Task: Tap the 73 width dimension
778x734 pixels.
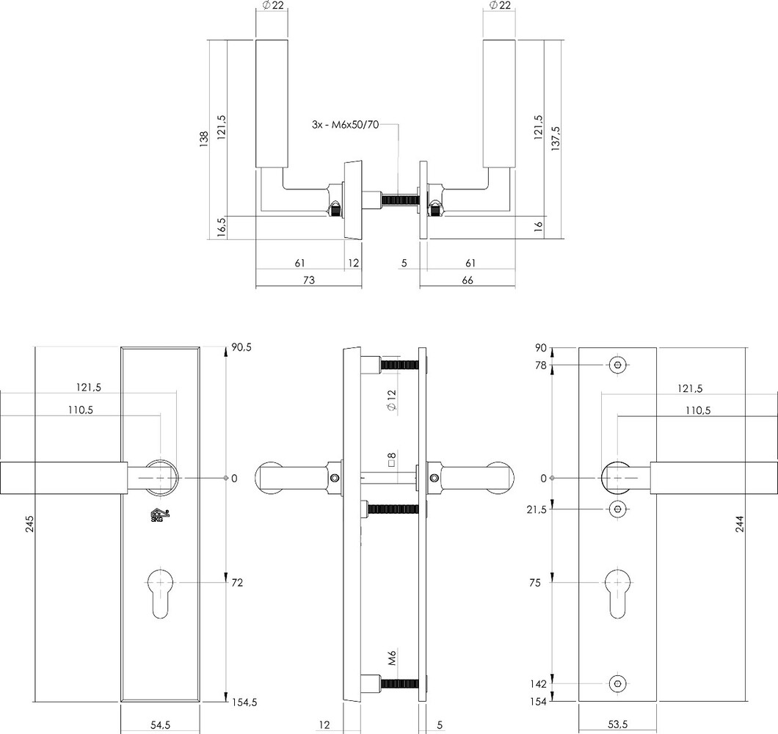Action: pos(308,280)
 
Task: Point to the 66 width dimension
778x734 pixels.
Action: pos(468,280)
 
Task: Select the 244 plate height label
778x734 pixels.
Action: pos(740,523)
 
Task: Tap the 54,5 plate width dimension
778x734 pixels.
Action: pos(161,724)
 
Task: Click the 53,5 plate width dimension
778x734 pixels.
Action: pos(619,724)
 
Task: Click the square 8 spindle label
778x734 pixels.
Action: pos(392,461)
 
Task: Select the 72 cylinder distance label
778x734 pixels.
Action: pos(236,582)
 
